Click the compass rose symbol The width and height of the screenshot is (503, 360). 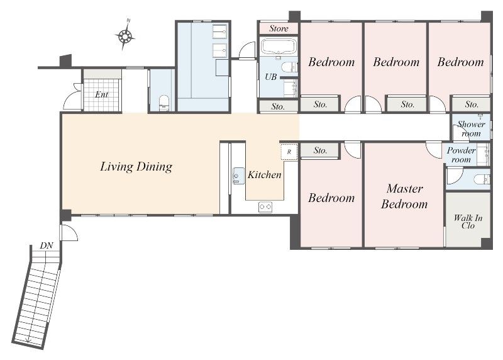[x=125, y=36]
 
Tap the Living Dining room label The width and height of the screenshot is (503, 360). [x=136, y=167]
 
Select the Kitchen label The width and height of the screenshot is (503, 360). [x=264, y=175]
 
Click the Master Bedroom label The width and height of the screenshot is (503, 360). [x=404, y=196]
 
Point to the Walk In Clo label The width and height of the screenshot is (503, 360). [x=468, y=222]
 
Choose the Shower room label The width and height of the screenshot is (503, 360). [x=471, y=128]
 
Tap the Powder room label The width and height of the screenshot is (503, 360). [x=461, y=155]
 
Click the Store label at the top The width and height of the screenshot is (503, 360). [x=279, y=28]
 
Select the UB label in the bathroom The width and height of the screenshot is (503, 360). [x=271, y=77]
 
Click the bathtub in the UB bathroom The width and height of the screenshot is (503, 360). [x=278, y=46]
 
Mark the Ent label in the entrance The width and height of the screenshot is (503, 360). [x=101, y=94]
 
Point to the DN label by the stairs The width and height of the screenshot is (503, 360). [x=47, y=245]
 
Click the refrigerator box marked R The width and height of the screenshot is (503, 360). [x=289, y=152]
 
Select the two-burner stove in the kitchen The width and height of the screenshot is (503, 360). [x=265, y=207]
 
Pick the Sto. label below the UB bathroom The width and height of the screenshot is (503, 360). [x=278, y=106]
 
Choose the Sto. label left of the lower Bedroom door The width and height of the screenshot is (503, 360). [x=320, y=150]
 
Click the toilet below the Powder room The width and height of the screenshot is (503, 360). [x=482, y=179]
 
